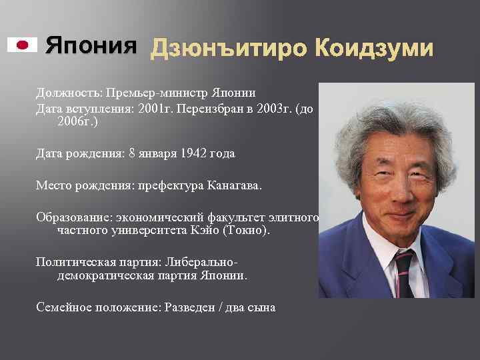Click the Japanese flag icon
coord(22,45)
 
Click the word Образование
coord(74,217)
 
